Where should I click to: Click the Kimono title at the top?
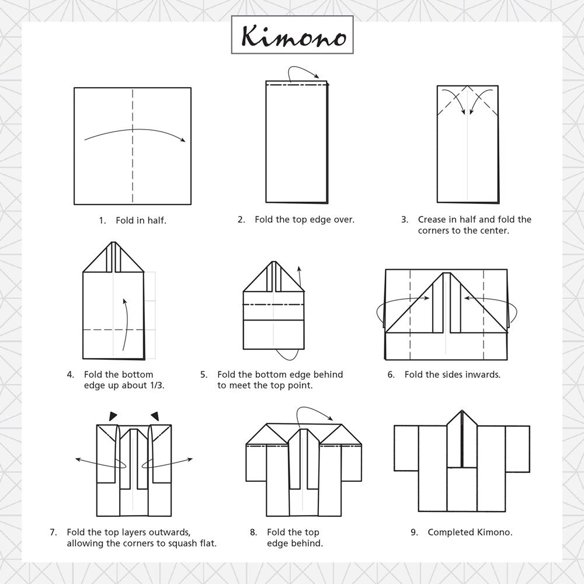pos(294,36)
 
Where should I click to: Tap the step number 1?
pos(102,221)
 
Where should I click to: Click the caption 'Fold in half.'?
pos(141,221)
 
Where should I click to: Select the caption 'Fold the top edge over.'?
pos(304,220)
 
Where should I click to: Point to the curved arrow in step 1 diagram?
pos(134,132)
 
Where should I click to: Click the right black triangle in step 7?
pos(155,415)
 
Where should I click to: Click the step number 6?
pos(391,374)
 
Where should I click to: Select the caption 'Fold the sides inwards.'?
pos(452,374)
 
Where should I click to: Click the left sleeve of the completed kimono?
pos(406,448)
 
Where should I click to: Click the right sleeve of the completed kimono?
pos(517,448)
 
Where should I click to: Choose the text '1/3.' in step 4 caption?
pos(155,385)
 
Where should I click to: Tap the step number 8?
pos(253,532)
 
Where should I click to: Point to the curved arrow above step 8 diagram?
pos(315,412)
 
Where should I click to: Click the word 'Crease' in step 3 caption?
pos(433,220)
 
